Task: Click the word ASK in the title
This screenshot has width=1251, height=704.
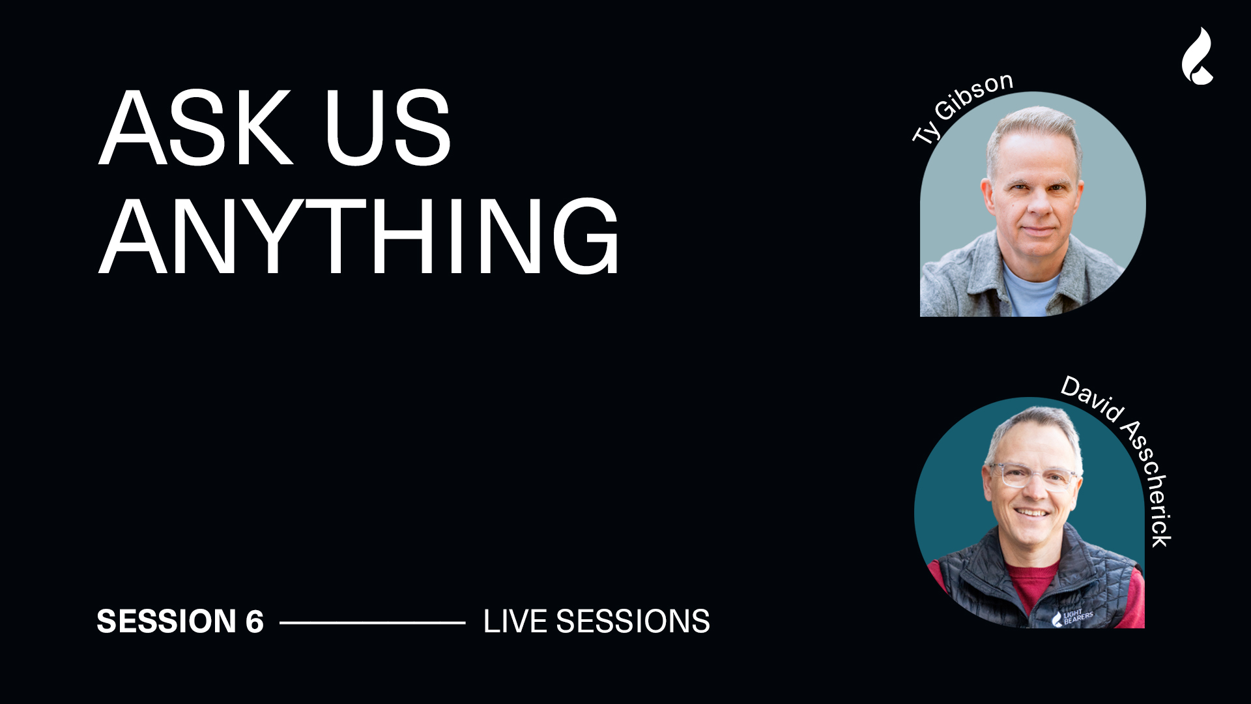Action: click(195, 128)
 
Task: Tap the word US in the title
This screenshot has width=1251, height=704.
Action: click(388, 128)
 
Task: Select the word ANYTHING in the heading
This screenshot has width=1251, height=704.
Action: click(358, 236)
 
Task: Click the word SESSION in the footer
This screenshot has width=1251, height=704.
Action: click(166, 621)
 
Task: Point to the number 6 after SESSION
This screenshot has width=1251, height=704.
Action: click(255, 621)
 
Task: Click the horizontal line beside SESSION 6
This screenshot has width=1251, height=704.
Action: click(373, 623)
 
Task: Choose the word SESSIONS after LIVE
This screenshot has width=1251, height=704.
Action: click(633, 621)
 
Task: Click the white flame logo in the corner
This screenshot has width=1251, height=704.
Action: click(1198, 56)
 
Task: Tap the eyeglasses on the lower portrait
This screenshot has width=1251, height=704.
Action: click(1033, 474)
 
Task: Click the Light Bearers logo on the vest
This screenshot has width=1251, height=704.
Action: click(1072, 617)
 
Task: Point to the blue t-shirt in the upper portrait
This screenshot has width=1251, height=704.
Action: click(1031, 291)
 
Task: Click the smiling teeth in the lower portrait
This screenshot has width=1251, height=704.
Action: click(1033, 513)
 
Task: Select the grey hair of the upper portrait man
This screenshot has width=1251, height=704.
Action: click(1034, 134)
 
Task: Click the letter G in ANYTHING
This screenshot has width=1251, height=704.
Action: click(586, 236)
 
